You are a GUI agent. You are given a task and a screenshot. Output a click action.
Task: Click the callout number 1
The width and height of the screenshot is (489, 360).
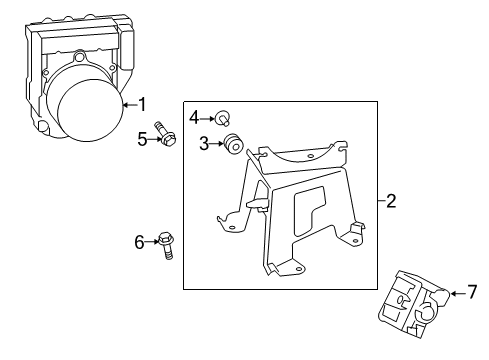pyautogui.click(x=142, y=103)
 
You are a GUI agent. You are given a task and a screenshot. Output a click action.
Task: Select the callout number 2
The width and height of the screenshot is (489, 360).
pyautogui.click(x=391, y=201)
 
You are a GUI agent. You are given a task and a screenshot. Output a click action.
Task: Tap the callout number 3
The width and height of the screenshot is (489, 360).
pyautogui.click(x=204, y=144)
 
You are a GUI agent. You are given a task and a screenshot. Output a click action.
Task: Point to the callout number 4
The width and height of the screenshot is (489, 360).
pyautogui.click(x=195, y=117)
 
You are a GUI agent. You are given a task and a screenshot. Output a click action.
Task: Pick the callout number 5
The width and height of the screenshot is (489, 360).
pyautogui.click(x=143, y=140)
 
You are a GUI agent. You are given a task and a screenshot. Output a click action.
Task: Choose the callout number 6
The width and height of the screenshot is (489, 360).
pyautogui.click(x=140, y=240)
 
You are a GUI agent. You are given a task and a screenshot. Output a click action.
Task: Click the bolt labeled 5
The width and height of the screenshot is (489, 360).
pyautogui.click(x=166, y=136)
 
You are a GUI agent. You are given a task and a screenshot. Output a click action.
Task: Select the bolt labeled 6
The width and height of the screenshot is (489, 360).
pyautogui.click(x=165, y=243)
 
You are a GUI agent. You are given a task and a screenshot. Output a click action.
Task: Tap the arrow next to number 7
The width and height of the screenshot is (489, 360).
pyautogui.click(x=458, y=292)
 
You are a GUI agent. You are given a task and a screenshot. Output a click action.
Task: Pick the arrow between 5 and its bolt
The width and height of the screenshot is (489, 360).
pyautogui.click(x=154, y=140)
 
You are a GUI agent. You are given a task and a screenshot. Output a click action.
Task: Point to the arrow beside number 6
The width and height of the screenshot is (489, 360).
pyautogui.click(x=152, y=240)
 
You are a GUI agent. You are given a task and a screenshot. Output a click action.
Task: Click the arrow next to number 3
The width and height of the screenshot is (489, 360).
pyautogui.click(x=218, y=144)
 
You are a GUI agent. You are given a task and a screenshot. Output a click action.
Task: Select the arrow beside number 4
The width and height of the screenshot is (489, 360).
pyautogui.click(x=209, y=117)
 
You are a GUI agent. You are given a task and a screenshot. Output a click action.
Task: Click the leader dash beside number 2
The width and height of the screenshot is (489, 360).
pyautogui.click(x=381, y=201)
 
